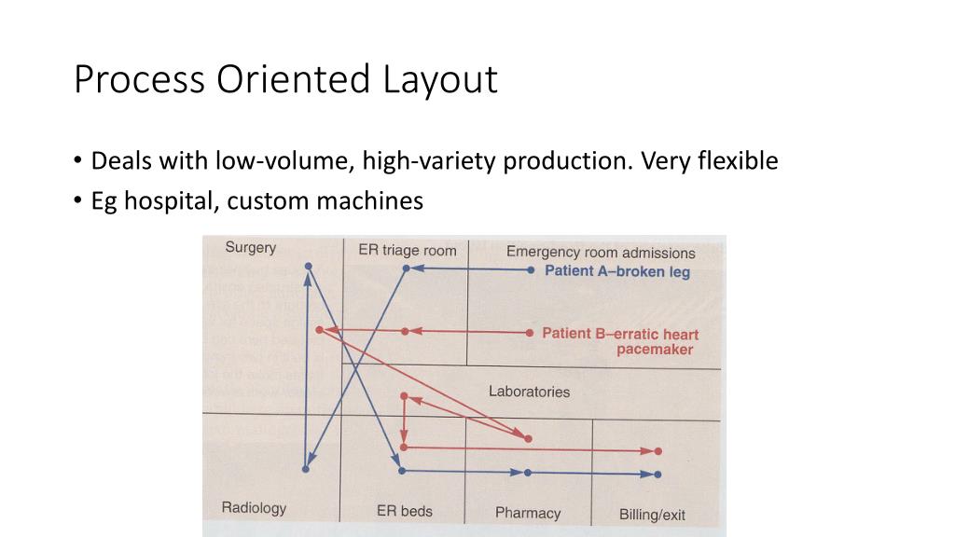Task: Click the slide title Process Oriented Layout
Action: pyautogui.click(x=285, y=80)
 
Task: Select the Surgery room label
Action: pyautogui.click(x=251, y=248)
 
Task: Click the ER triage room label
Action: pyautogui.click(x=408, y=250)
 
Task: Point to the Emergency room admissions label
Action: pyautogui.click(x=601, y=253)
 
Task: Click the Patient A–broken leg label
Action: pyautogui.click(x=617, y=271)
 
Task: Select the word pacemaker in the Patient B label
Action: pyautogui.click(x=655, y=350)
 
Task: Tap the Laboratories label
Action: pyautogui.click(x=529, y=392)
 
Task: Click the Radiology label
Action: pyautogui.click(x=254, y=508)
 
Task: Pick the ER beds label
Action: pyautogui.click(x=405, y=511)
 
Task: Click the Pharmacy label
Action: pyautogui.click(x=528, y=513)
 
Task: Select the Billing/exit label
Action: pyautogui.click(x=652, y=515)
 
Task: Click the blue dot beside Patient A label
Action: pyautogui.click(x=531, y=270)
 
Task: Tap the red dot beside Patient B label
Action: pyautogui.click(x=530, y=333)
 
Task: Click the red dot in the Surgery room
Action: pyautogui.click(x=319, y=330)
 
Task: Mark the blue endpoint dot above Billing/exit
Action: pyautogui.click(x=657, y=475)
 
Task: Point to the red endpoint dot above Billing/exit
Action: pyautogui.click(x=657, y=451)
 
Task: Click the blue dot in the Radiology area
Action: pyautogui.click(x=306, y=469)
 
